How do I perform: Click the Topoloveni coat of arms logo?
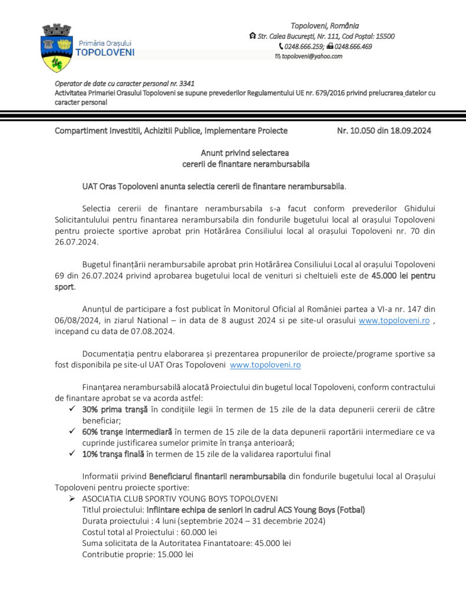tap(57, 47)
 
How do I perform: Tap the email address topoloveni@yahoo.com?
tap(312, 56)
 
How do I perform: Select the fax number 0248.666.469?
tap(353, 46)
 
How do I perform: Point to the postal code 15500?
tap(384, 36)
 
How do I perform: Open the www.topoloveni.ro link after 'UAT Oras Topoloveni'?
tap(265, 365)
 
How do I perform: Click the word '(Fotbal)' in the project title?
tap(349, 510)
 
